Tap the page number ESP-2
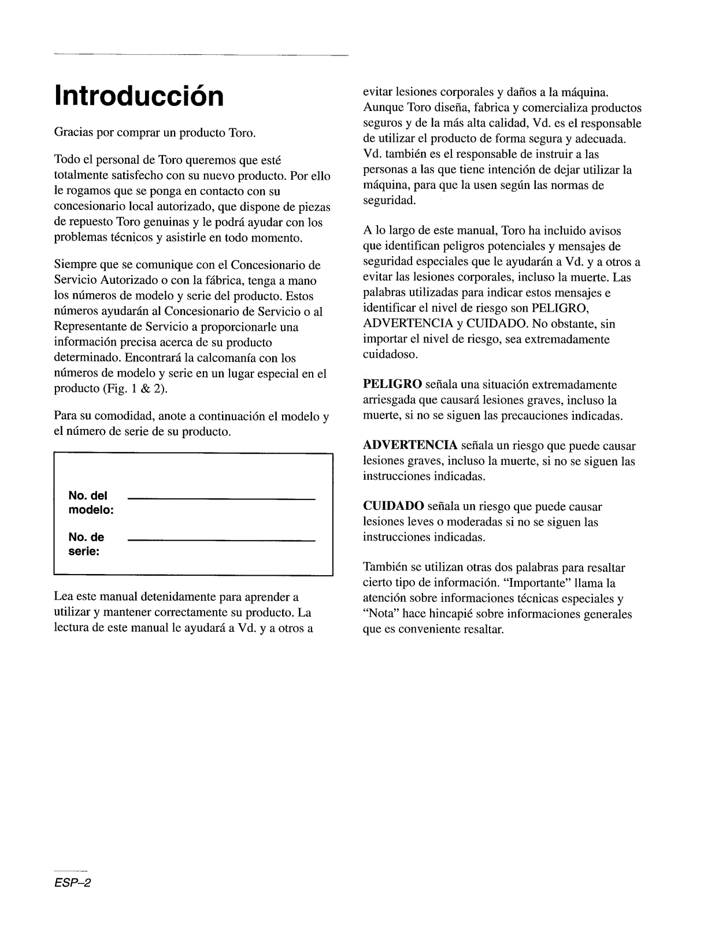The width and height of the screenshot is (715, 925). (x=73, y=885)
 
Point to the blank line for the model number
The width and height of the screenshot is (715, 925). (x=221, y=499)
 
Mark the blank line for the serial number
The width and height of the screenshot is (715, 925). (x=221, y=541)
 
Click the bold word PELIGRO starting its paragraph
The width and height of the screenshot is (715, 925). (x=392, y=385)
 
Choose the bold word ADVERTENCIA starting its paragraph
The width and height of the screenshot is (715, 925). (x=410, y=446)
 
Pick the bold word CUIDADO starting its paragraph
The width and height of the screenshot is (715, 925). (x=393, y=507)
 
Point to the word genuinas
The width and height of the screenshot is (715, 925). (x=158, y=223)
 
